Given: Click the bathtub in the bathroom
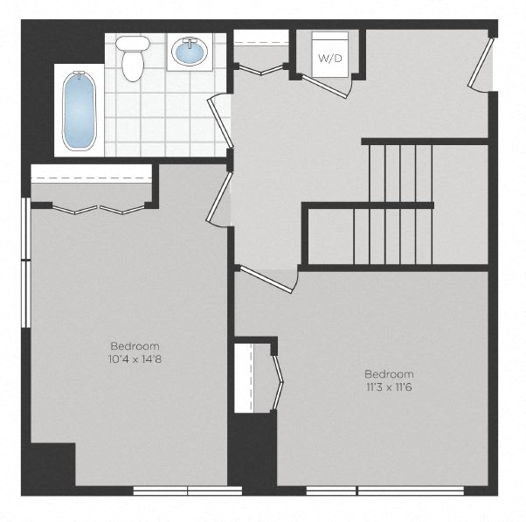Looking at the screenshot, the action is click(80, 111).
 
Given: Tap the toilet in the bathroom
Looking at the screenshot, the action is click(133, 59).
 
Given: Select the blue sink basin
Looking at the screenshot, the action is click(190, 52).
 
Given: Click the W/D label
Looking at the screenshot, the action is click(330, 59).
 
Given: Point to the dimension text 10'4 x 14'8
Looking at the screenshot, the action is click(135, 359).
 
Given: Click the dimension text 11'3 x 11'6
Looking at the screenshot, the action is click(389, 387).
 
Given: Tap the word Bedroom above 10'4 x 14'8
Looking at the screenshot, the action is click(135, 345).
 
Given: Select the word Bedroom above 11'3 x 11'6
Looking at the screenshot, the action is click(389, 373).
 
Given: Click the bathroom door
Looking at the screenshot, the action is click(220, 123).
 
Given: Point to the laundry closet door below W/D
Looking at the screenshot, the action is click(325, 87).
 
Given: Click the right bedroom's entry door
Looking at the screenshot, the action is click(266, 279).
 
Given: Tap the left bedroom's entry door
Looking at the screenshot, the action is click(219, 197).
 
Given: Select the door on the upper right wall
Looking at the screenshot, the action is click(481, 63).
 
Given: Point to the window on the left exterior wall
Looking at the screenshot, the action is click(26, 262).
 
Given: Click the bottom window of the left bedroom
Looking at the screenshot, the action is click(188, 491).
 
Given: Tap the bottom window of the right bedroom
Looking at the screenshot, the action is click(385, 491).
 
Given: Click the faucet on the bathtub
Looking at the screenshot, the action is click(80, 74).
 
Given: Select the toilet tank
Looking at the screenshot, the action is click(133, 43).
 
